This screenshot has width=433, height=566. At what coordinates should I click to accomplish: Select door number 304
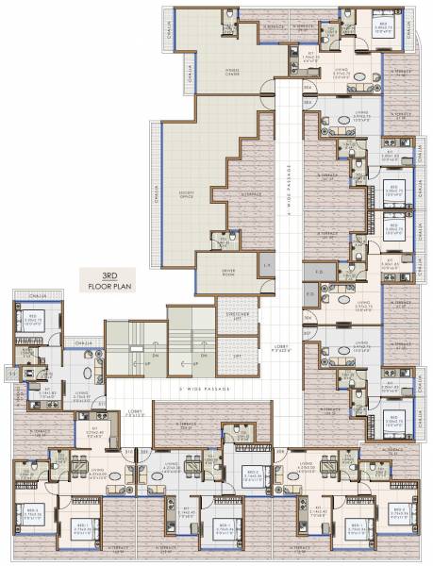pyautogui.click(x=308, y=89)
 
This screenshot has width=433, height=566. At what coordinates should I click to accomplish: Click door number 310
pyautogui.click(x=128, y=452)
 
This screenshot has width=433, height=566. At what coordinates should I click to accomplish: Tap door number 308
pyautogui.click(x=280, y=452)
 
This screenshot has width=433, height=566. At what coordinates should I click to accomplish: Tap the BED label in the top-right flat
pyautogui.click(x=382, y=25)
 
